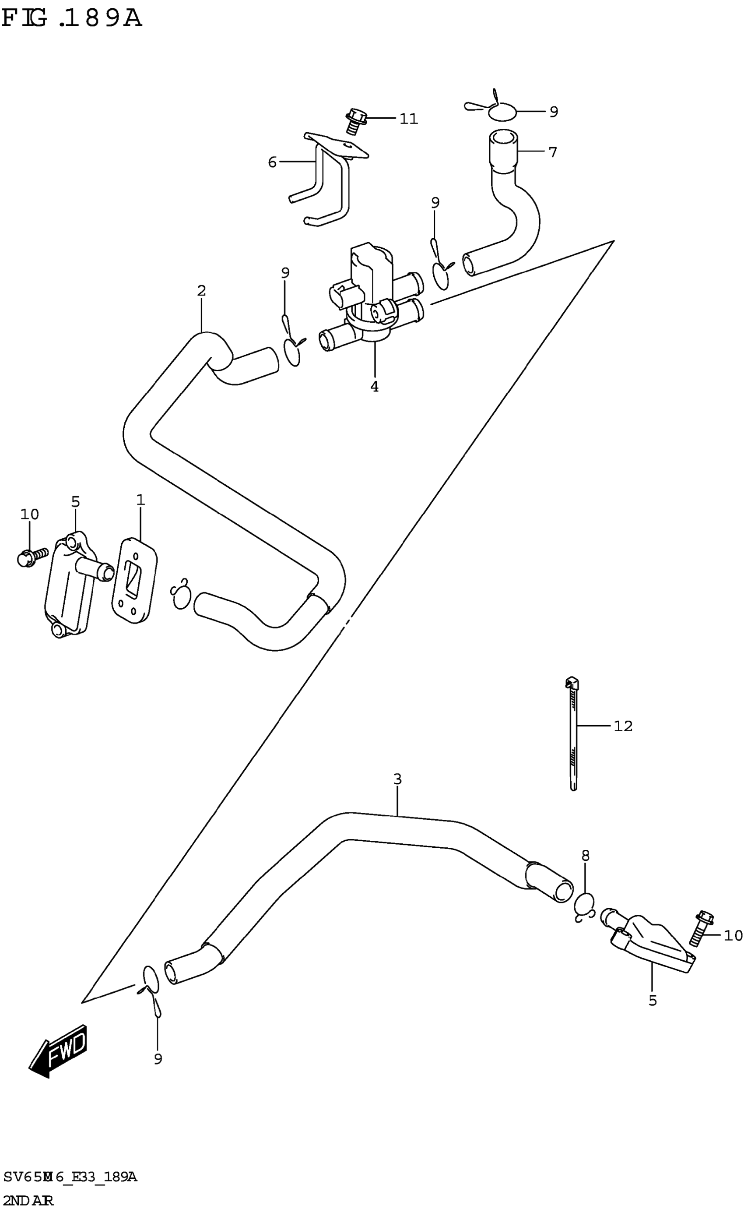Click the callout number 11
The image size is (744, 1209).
tap(408, 119)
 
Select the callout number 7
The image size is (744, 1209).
tap(553, 152)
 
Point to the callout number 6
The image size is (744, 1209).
tap(272, 162)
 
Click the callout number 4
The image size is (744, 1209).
tap(375, 387)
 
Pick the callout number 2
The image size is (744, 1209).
tap(201, 291)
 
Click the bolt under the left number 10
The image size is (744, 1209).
tap(31, 558)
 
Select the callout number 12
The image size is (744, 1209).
tap(623, 726)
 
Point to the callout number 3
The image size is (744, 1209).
tap(397, 779)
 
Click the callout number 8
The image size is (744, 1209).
tap(585, 856)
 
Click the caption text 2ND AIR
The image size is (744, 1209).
tap(28, 1200)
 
